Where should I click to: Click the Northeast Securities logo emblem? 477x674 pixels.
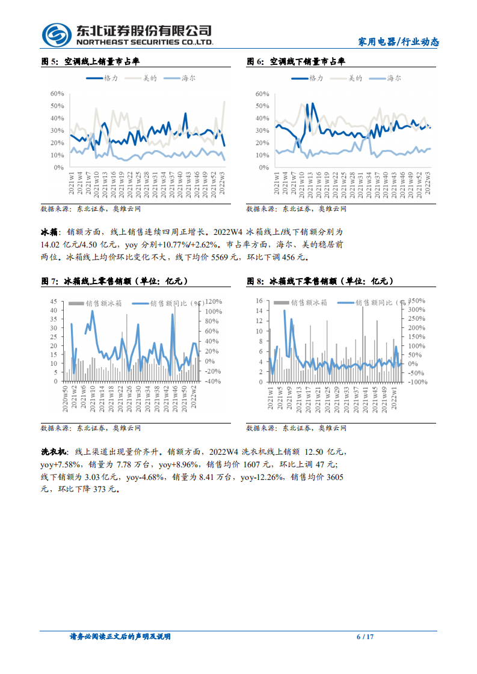[55, 34]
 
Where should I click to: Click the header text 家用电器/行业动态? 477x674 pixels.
[398, 41]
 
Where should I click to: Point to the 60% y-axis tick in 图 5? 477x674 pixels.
[57, 94]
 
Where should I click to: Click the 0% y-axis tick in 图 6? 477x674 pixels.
[263, 168]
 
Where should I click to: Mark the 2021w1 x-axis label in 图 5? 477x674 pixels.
[72, 184]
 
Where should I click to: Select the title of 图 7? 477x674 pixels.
[114, 281]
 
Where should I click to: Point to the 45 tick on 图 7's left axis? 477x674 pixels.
[54, 301]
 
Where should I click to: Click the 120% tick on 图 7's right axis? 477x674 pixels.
[214, 301]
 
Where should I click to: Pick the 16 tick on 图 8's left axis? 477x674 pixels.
[259, 300]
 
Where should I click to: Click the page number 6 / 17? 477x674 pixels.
[365, 637]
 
